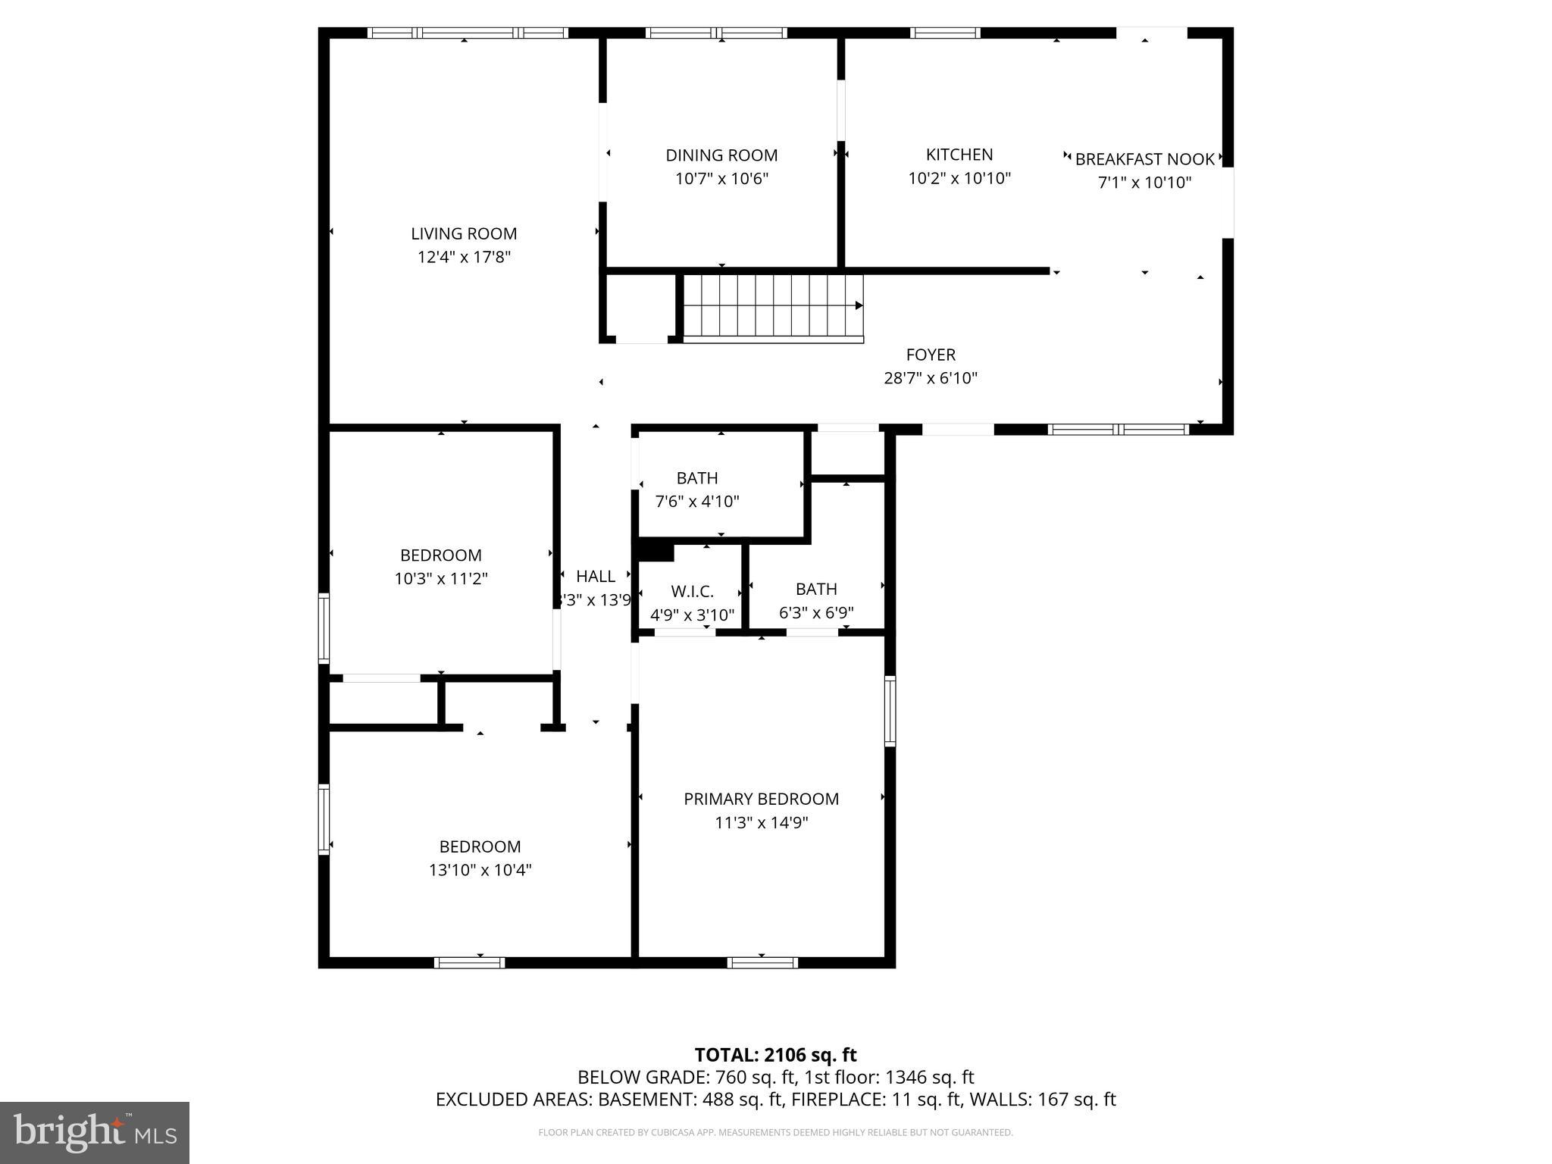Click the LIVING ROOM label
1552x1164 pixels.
(x=464, y=233)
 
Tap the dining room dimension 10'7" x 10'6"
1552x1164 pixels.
(x=721, y=179)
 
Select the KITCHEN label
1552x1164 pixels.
(x=959, y=155)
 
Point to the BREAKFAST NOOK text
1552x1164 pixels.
(x=1144, y=159)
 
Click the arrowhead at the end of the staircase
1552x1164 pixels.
(x=859, y=305)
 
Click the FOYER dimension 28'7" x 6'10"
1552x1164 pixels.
(x=931, y=378)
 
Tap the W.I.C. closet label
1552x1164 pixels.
(x=692, y=592)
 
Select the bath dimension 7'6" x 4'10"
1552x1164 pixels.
(x=696, y=502)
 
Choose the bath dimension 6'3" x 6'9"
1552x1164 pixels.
(x=816, y=613)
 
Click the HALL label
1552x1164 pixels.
(x=595, y=576)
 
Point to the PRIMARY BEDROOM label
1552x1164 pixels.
(x=761, y=799)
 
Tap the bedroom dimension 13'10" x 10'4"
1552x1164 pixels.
(x=480, y=870)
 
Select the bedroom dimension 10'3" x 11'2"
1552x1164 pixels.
(x=440, y=579)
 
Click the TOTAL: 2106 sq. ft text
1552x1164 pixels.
(x=775, y=1055)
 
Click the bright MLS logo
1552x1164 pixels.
(x=94, y=1132)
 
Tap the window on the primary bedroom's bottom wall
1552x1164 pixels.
(x=762, y=963)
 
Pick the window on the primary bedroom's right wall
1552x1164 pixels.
(x=890, y=711)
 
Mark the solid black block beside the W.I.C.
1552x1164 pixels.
(x=656, y=551)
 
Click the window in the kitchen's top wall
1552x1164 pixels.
(x=944, y=33)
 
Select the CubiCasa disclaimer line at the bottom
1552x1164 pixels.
(x=775, y=1133)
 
